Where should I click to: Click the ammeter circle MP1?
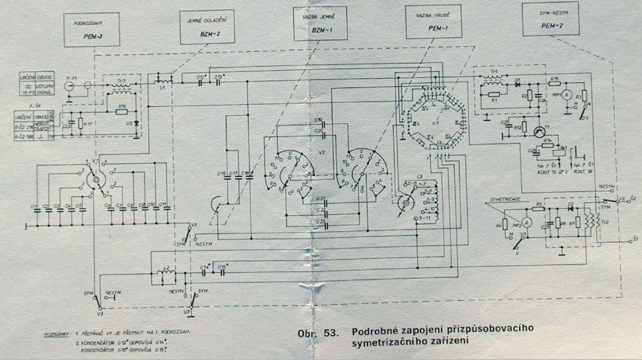(x=565, y=94)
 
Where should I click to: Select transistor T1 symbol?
(x=539, y=132)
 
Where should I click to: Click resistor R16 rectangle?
(x=122, y=111)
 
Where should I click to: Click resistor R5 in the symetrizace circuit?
(x=539, y=206)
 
